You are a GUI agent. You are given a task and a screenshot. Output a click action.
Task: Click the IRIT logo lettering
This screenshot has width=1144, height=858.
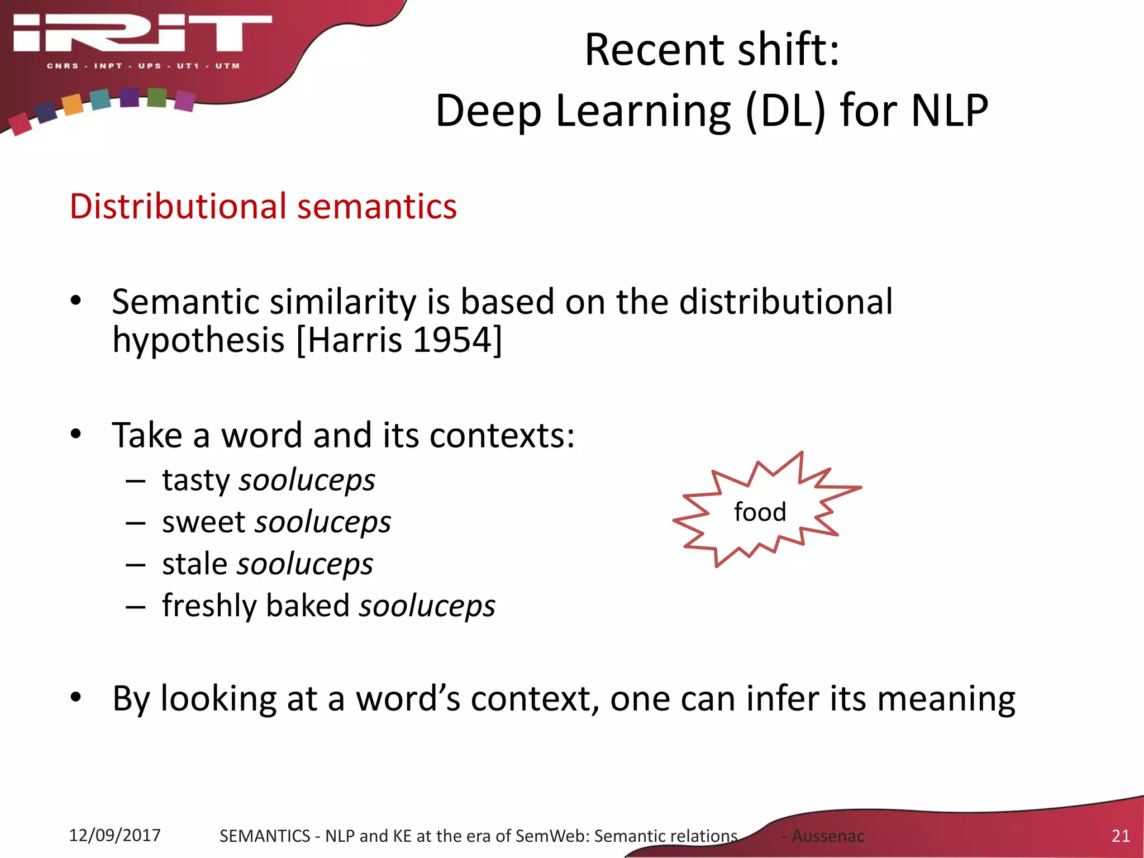point(142,34)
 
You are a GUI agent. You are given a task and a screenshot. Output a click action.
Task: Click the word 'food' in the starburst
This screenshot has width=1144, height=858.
point(760,512)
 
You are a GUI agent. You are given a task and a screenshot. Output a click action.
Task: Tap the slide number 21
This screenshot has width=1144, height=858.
point(1121,836)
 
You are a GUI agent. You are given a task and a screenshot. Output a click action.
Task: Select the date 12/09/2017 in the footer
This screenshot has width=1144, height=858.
point(115,835)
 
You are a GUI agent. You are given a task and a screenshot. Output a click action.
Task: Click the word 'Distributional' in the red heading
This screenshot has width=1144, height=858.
point(178,206)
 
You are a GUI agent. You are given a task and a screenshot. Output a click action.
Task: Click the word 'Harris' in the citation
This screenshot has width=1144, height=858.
point(354,340)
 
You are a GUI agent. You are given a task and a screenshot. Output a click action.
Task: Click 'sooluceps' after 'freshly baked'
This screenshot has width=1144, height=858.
point(427,606)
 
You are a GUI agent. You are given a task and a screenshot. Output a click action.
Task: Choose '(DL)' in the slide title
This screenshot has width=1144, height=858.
point(785,110)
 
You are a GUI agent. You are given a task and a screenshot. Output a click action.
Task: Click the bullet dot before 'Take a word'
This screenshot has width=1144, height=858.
point(76,434)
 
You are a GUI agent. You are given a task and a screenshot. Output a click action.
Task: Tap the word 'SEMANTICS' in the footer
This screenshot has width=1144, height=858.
point(264,836)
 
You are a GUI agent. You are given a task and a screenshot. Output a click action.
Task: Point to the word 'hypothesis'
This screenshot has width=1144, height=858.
point(198,341)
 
